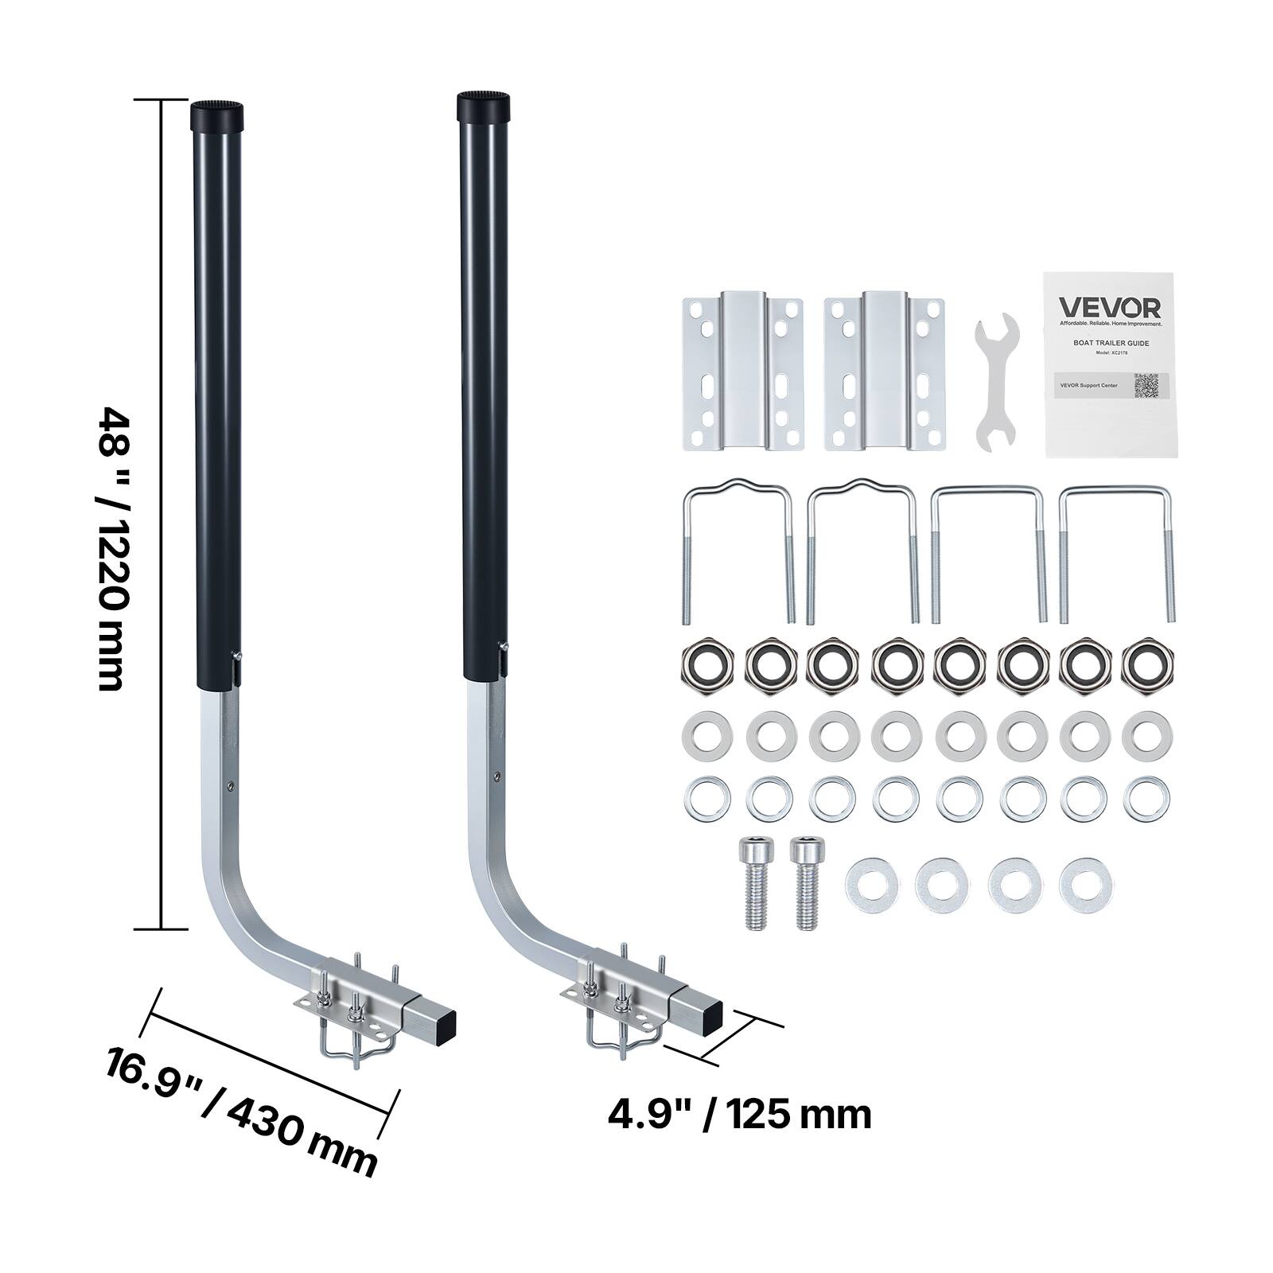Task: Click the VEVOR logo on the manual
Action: tap(1109, 308)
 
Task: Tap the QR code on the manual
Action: tap(1153, 385)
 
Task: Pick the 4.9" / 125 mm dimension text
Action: tap(739, 1115)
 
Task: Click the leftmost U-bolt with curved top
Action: tap(738, 548)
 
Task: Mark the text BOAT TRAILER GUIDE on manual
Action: tap(1109, 343)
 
